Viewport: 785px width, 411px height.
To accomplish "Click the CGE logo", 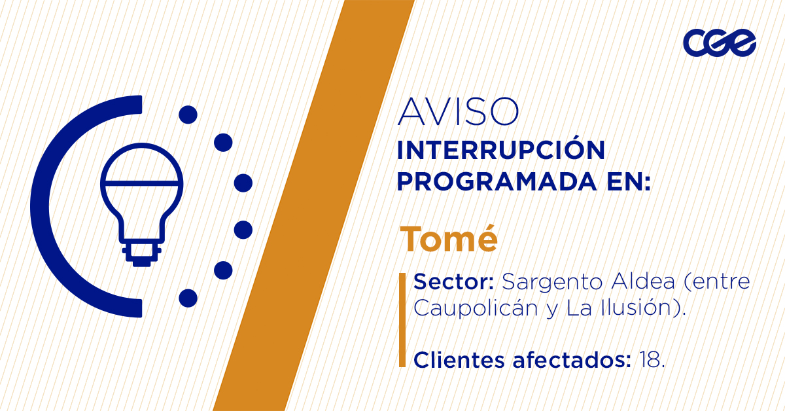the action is (x=720, y=43).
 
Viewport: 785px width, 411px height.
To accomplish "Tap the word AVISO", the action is (x=458, y=111).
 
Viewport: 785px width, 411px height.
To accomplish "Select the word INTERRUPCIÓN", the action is (x=501, y=150).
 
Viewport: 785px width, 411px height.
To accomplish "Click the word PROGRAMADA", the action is (x=497, y=181).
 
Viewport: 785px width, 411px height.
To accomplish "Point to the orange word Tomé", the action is (x=449, y=238).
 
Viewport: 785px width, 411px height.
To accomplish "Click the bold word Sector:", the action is (x=454, y=281).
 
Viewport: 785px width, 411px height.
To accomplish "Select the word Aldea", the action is (x=643, y=281).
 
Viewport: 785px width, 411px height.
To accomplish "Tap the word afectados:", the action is (x=572, y=360).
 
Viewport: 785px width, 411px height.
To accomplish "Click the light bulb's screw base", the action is (x=141, y=253).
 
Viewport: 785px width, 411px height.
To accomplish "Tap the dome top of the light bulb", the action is (x=141, y=163).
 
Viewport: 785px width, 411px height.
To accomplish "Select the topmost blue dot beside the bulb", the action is (x=188, y=115).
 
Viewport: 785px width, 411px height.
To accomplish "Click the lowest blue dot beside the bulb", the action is (x=188, y=298).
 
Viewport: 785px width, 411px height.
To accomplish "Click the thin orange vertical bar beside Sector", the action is (x=402, y=320).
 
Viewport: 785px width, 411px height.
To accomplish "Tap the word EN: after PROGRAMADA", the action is (x=629, y=181).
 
